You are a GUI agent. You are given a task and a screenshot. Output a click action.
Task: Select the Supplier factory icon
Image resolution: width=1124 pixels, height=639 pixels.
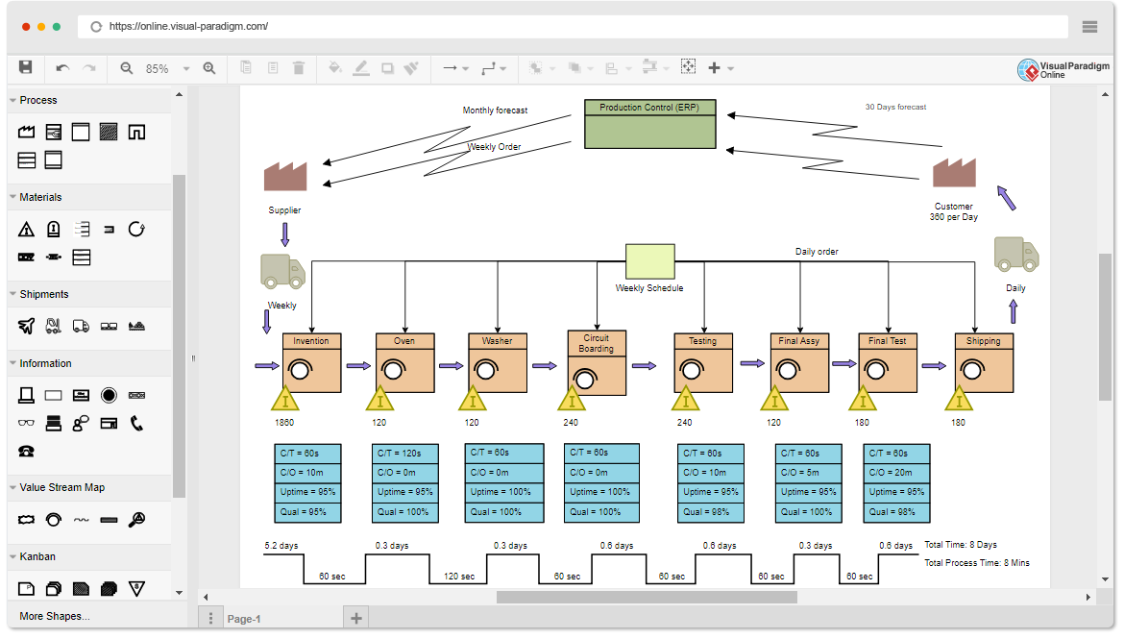285,177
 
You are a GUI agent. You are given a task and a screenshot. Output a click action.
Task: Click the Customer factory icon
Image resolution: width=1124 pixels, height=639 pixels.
954,173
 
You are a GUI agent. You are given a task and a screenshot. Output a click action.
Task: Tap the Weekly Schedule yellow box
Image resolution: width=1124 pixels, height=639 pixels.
650,261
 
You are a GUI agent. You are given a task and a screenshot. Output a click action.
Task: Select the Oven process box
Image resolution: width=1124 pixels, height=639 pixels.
404,362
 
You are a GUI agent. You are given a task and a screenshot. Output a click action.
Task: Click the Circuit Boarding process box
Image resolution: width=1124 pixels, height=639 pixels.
597,363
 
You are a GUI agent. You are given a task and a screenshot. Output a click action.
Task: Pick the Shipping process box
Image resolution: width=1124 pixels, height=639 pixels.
984,362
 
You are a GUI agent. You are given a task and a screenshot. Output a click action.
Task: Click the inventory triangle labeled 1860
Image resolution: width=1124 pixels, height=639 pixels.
284,399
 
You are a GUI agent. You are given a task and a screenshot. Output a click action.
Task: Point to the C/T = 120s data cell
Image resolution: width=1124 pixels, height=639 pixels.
404,453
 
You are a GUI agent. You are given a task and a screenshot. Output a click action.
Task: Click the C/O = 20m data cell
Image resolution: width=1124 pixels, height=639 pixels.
896,472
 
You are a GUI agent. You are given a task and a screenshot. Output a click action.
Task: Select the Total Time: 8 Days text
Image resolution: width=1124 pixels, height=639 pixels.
961,545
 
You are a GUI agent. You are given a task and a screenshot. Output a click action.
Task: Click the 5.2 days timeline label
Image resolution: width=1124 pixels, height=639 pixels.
281,546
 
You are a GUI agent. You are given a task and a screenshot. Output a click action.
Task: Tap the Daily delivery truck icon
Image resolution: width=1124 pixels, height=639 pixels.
1015,255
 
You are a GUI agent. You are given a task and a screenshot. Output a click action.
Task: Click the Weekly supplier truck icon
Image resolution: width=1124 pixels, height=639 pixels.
282,272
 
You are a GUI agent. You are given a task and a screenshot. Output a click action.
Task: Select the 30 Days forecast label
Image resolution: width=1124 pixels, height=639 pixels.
895,107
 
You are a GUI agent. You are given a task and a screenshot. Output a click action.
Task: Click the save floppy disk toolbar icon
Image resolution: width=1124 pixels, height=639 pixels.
26,67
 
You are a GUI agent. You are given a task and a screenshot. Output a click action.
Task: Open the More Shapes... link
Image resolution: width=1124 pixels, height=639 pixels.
55,616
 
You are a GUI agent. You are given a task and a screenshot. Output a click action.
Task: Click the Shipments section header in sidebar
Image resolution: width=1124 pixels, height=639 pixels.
44,294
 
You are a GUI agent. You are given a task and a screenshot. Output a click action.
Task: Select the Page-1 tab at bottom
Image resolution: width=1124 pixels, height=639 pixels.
244,619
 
